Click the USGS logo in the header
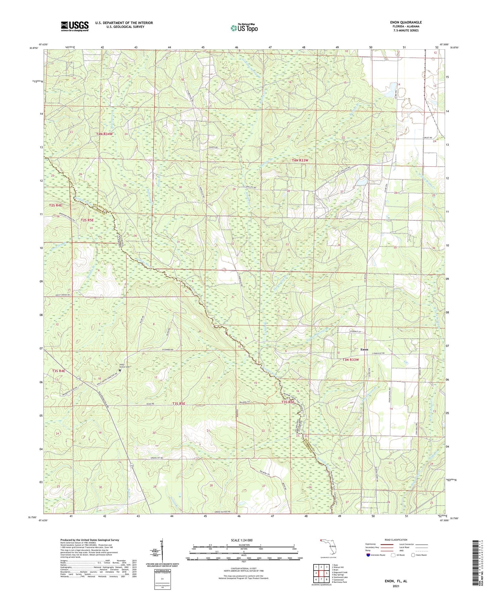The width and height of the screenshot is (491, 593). [74, 26]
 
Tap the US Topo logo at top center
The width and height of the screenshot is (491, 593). [244, 28]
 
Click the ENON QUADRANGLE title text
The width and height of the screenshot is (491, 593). [406, 22]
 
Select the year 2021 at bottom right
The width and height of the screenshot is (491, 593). [396, 586]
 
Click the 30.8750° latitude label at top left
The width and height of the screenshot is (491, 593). [34, 48]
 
